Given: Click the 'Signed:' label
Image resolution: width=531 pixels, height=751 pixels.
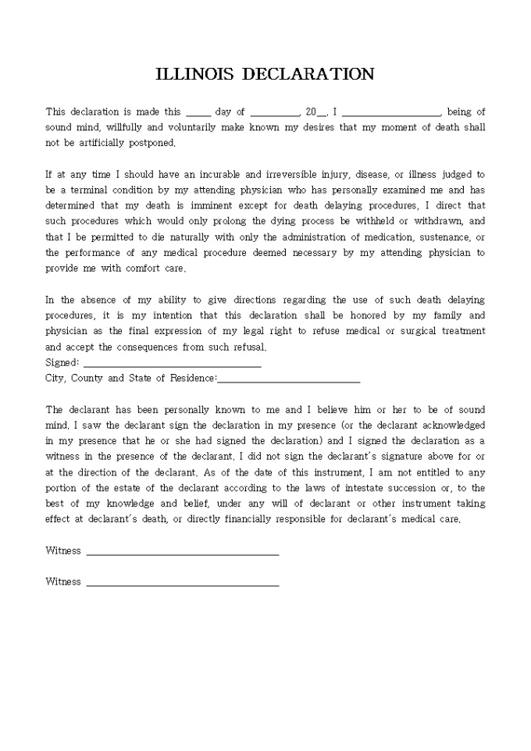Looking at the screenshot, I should click(x=62, y=363).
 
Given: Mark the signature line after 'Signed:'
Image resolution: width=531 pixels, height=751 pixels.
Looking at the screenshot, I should click(x=172, y=365).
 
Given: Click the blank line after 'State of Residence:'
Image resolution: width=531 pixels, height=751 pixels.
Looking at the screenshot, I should click(x=289, y=380).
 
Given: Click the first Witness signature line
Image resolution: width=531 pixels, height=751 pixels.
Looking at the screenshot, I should click(x=183, y=553).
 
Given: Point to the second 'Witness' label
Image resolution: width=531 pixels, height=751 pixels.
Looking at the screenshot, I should click(x=63, y=582).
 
